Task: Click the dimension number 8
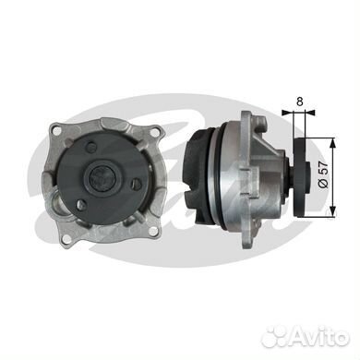point(300,102)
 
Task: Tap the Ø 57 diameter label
point(324,174)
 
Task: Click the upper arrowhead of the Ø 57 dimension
point(332,141)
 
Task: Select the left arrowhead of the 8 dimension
point(286,113)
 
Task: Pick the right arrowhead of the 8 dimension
point(310,113)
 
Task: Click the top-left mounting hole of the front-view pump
point(55,129)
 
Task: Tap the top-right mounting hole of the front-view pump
point(154,133)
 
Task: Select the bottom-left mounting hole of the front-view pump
point(65,238)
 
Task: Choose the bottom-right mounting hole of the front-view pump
point(152,231)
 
